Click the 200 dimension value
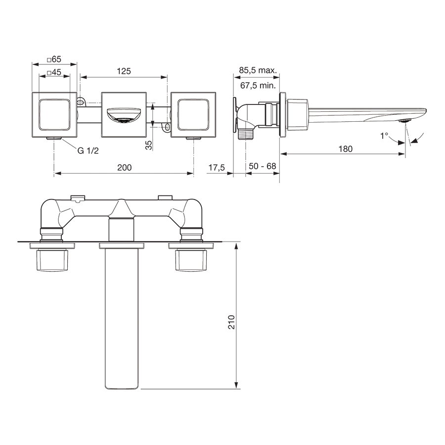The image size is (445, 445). tap(124, 168)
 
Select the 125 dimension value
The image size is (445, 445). tap(124, 71)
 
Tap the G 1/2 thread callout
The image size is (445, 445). tap(88, 151)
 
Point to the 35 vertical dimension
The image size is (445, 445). tap(148, 145)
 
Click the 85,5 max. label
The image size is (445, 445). tap(257, 71)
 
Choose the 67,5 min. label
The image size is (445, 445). tap(257, 85)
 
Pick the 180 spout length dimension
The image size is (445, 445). tap(346, 149)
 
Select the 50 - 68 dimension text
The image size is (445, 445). tap(262, 166)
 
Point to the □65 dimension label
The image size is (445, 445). tap(54, 59)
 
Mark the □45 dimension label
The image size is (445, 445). tap(54, 72)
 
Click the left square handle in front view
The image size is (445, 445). tap(54, 114)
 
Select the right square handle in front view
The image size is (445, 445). tap(193, 114)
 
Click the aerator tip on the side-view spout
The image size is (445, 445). tap(404, 121)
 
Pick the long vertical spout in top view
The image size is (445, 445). tap(122, 317)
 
